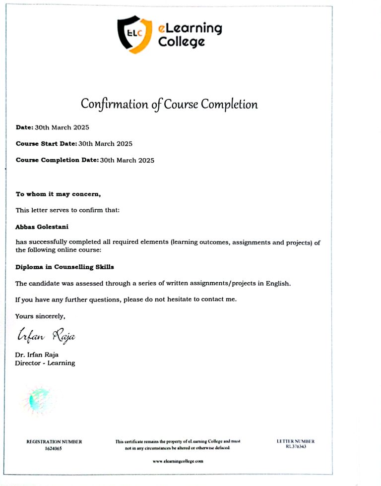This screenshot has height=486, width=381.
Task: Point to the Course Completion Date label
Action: tap(57, 160)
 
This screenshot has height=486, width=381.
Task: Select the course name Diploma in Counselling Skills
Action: tap(64, 267)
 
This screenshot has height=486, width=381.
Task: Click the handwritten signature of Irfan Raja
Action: tap(46, 336)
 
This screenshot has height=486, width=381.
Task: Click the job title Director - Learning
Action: tap(45, 363)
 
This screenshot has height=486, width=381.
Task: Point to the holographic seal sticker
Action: tap(39, 400)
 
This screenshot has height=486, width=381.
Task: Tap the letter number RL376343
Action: tap(296, 446)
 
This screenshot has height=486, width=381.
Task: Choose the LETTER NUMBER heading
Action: tap(296, 441)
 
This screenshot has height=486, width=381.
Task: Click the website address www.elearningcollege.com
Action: tap(178, 461)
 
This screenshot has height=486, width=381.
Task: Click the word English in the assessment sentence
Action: tap(276, 284)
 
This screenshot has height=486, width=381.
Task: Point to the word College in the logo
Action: tap(181, 42)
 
